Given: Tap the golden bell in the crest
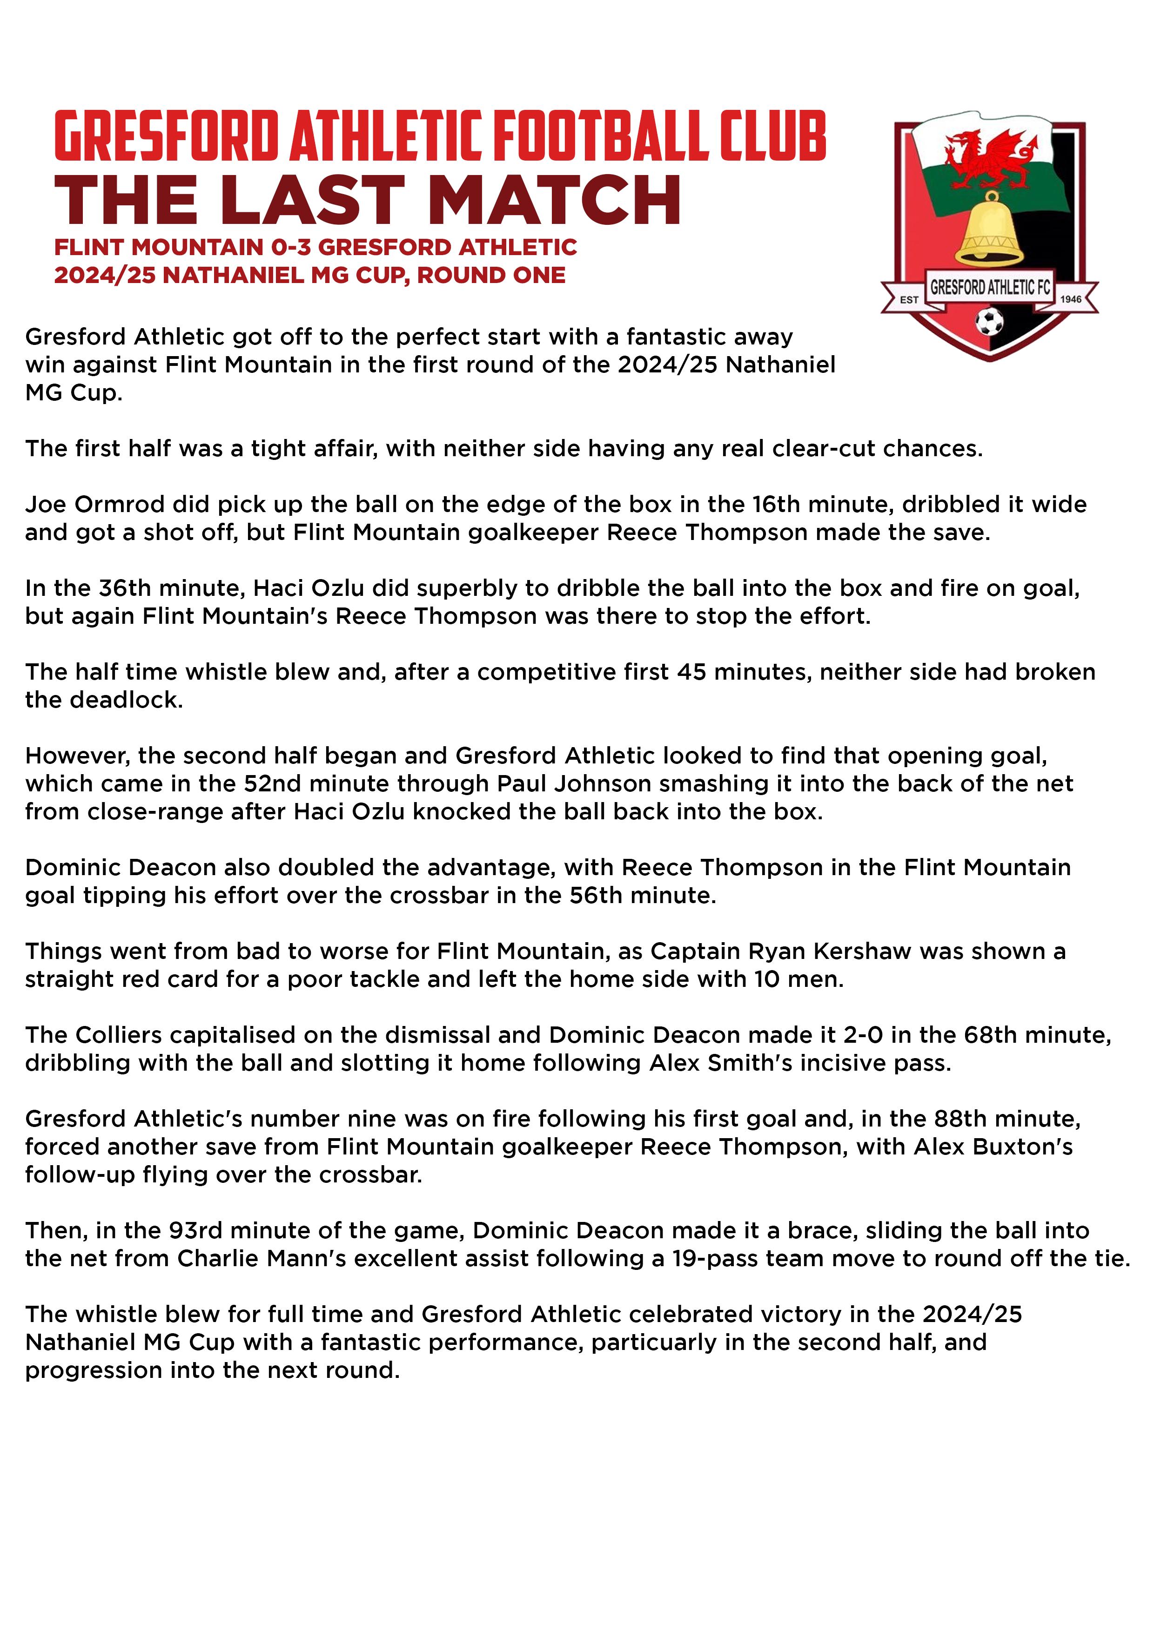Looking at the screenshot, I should click(988, 231).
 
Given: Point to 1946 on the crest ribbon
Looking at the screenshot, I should click(1070, 299).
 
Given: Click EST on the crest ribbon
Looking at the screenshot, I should click(909, 299).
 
